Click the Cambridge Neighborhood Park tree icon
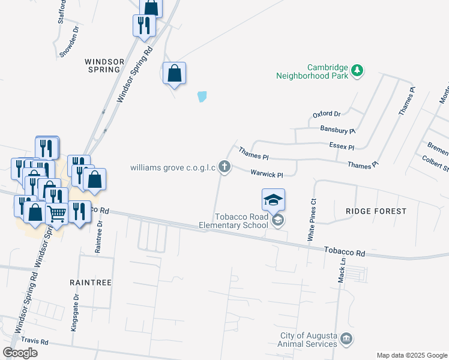[357, 71]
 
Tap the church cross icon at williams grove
[224, 167]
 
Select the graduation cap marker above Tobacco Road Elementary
[273, 200]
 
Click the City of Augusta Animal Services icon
[346, 340]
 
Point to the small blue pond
[202, 96]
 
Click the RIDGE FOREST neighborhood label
[376, 211]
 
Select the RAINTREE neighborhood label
[90, 281]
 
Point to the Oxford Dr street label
[327, 114]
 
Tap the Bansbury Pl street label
[338, 130]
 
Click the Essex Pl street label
[342, 146]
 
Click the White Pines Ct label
[312, 221]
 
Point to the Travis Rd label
[34, 340]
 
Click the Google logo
[20, 353]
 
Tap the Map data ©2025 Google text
[412, 355]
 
